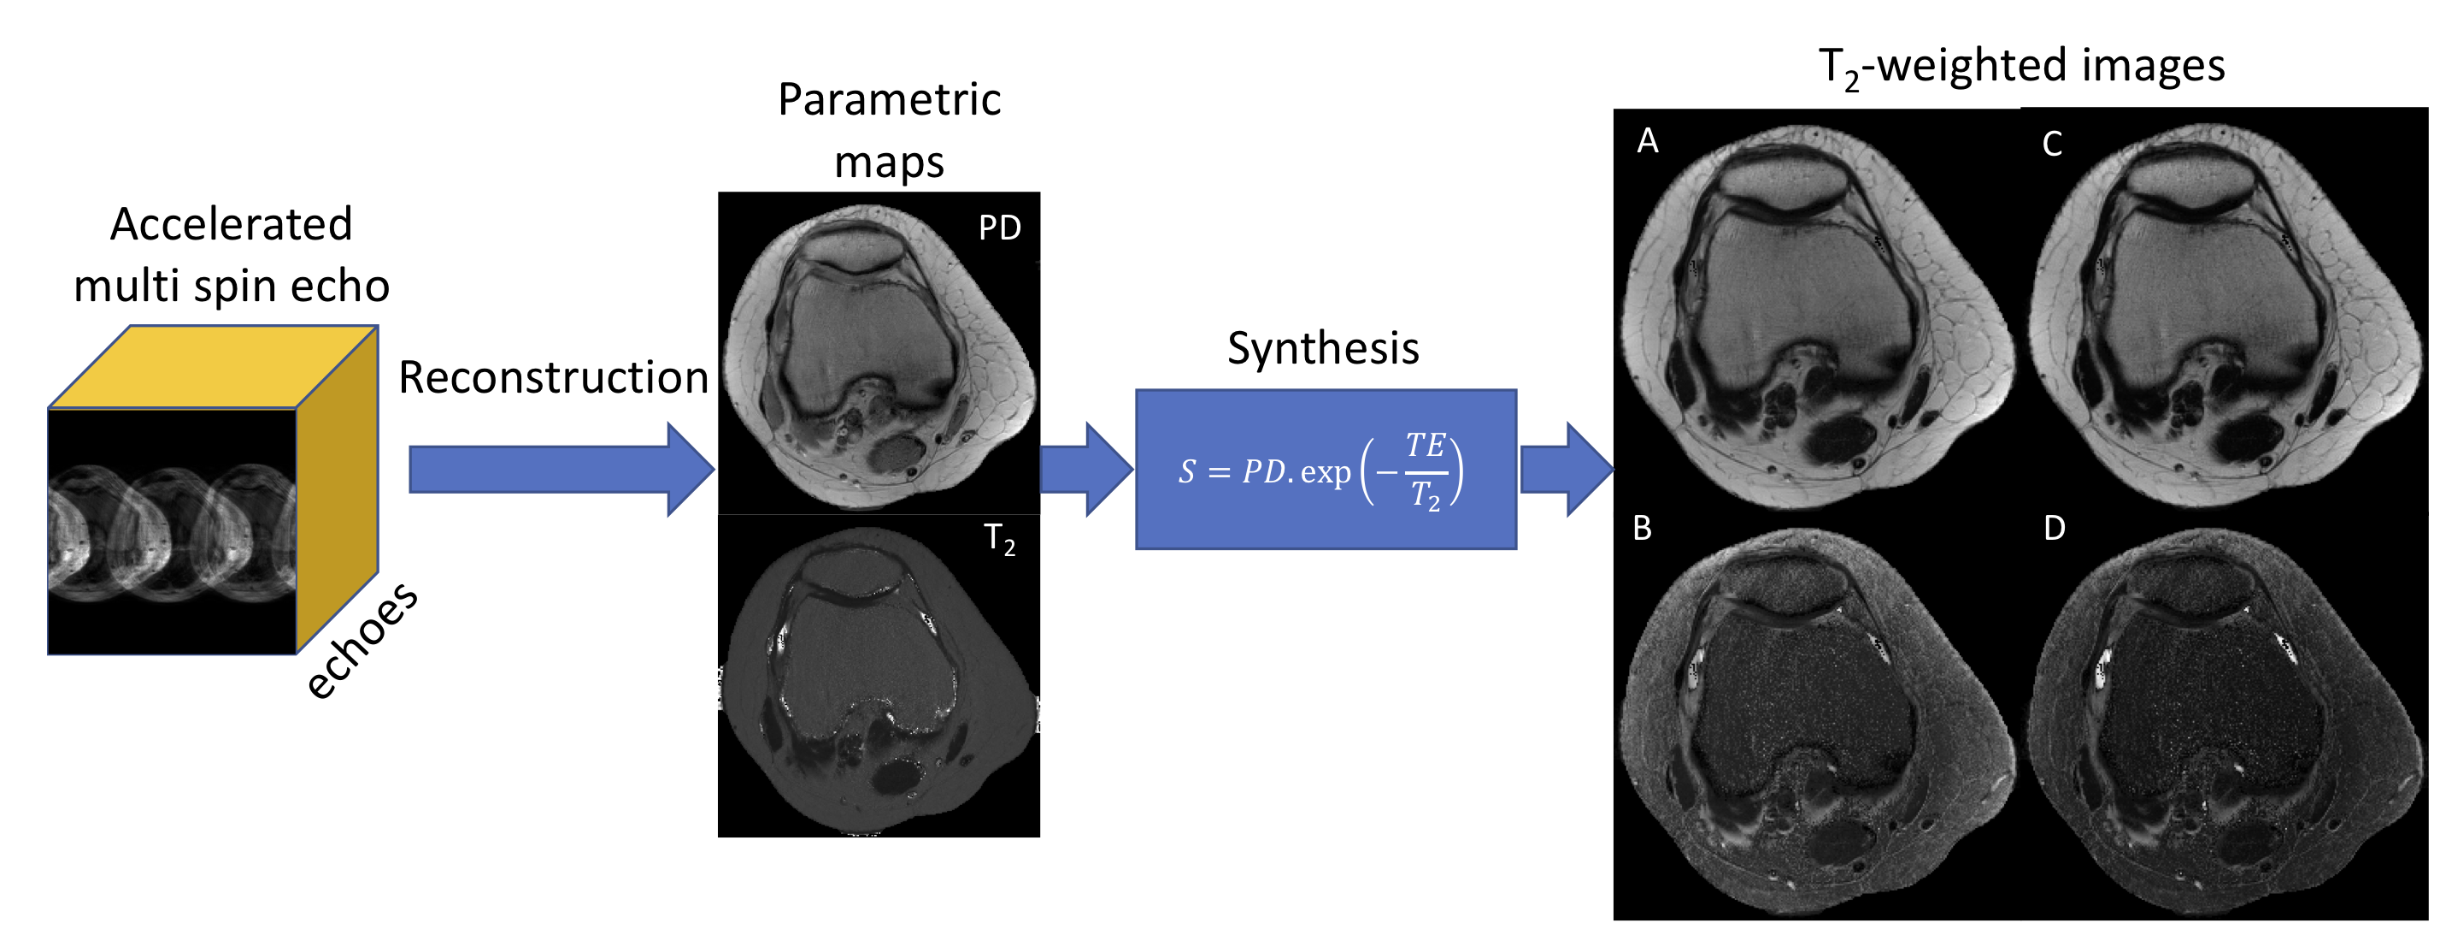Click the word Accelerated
pyautogui.click(x=231, y=225)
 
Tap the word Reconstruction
pyautogui.click(x=554, y=378)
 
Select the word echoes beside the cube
pyautogui.click(x=361, y=641)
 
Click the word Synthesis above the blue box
pyautogui.click(x=1323, y=348)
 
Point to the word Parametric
pyautogui.click(x=889, y=100)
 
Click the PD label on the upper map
pyautogui.click(x=999, y=228)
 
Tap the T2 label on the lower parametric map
pyautogui.click(x=999, y=539)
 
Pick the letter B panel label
pyautogui.click(x=1643, y=529)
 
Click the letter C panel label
pyautogui.click(x=2052, y=145)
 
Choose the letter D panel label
pyautogui.click(x=2054, y=529)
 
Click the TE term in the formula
pyautogui.click(x=1426, y=445)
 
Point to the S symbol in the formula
pyautogui.click(x=1187, y=471)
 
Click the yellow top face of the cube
pyautogui.click(x=214, y=367)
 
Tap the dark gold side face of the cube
pyautogui.click(x=337, y=489)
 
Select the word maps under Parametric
pyautogui.click(x=889, y=163)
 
